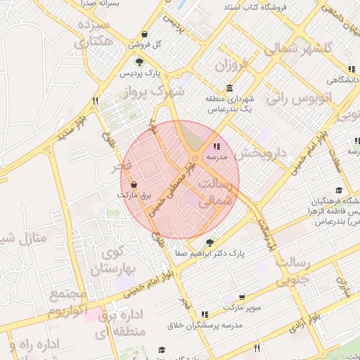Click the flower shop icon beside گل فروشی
(144, 34)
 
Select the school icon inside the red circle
(215, 147)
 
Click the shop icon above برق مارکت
(134, 184)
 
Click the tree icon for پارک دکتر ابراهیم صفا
(209, 243)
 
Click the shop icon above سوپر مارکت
(243, 298)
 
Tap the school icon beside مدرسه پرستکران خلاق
(205, 314)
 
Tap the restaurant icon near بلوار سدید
(95, 101)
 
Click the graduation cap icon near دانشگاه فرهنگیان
(339, 190)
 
